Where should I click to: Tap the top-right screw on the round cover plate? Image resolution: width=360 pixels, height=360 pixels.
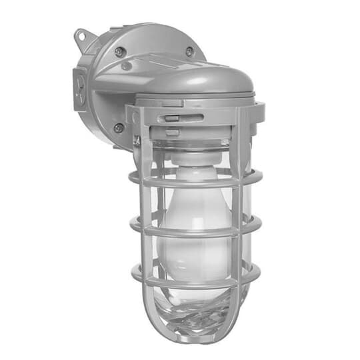(x=189, y=51)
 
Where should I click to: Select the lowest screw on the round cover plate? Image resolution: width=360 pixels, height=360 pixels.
(x=118, y=127)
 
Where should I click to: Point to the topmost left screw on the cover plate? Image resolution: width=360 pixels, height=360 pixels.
(x=118, y=51)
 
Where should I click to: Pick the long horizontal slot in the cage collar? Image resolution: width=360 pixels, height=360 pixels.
(x=189, y=117)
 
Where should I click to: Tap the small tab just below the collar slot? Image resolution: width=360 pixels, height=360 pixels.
(x=171, y=131)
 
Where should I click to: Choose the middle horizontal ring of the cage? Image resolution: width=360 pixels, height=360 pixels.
(x=193, y=231)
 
